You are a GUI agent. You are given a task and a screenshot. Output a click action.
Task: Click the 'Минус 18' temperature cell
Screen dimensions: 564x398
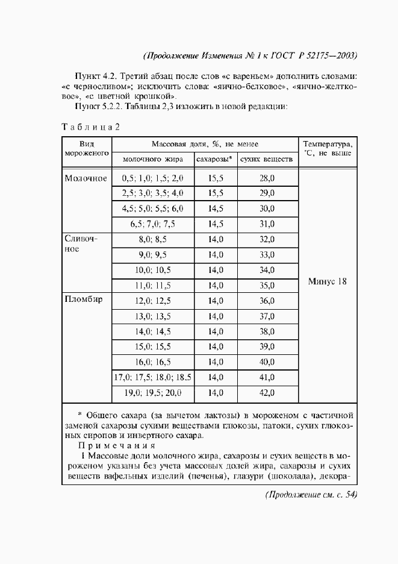[x=328, y=281]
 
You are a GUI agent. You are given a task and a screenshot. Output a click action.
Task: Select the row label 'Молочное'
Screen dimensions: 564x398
[x=86, y=178]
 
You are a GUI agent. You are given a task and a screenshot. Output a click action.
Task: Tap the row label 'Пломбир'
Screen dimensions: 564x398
[x=84, y=300]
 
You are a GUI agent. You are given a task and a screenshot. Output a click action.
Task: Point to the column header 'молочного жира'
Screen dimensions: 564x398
[x=152, y=159]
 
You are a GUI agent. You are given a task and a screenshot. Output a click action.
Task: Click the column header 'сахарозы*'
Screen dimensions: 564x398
[x=215, y=159]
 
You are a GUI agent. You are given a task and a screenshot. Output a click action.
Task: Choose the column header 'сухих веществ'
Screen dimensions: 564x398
[x=267, y=159]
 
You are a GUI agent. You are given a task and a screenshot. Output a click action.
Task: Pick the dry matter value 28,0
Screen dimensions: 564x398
[x=267, y=178]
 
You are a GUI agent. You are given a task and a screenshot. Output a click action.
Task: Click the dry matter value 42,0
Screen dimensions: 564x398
[x=267, y=393]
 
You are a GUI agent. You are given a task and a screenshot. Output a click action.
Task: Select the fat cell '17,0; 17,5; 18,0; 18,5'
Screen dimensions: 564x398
[x=152, y=377]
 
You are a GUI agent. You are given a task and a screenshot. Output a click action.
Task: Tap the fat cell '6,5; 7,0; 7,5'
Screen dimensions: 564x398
[x=152, y=224]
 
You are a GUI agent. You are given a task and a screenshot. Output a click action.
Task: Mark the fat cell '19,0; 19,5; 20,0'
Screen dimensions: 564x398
[x=152, y=393]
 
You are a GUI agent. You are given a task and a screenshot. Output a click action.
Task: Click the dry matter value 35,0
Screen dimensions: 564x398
[x=267, y=286]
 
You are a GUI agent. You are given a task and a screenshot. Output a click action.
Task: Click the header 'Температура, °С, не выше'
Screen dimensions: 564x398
[x=328, y=149]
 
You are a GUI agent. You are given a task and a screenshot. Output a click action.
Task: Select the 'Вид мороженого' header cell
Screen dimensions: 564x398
[x=86, y=149]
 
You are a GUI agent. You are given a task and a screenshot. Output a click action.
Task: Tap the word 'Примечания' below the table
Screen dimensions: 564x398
[x=117, y=446]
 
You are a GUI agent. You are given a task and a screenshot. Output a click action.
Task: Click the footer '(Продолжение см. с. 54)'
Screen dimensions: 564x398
[x=311, y=495]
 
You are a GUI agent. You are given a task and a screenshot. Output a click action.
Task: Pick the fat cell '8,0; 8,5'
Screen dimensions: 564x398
[x=152, y=239]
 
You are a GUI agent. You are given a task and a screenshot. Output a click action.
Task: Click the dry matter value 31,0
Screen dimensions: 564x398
[x=267, y=224]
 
